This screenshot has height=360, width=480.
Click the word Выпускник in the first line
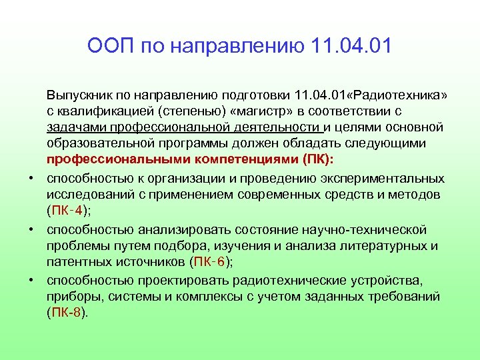[x=77, y=95]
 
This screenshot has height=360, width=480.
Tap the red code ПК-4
[x=67, y=211]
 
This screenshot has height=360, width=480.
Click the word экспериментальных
[x=381, y=178]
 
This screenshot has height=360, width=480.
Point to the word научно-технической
[x=369, y=229]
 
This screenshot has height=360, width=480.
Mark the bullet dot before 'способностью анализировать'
[x=31, y=229]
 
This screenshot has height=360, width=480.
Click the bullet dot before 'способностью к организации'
[x=31, y=178]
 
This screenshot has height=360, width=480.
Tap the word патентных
[x=77, y=262]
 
